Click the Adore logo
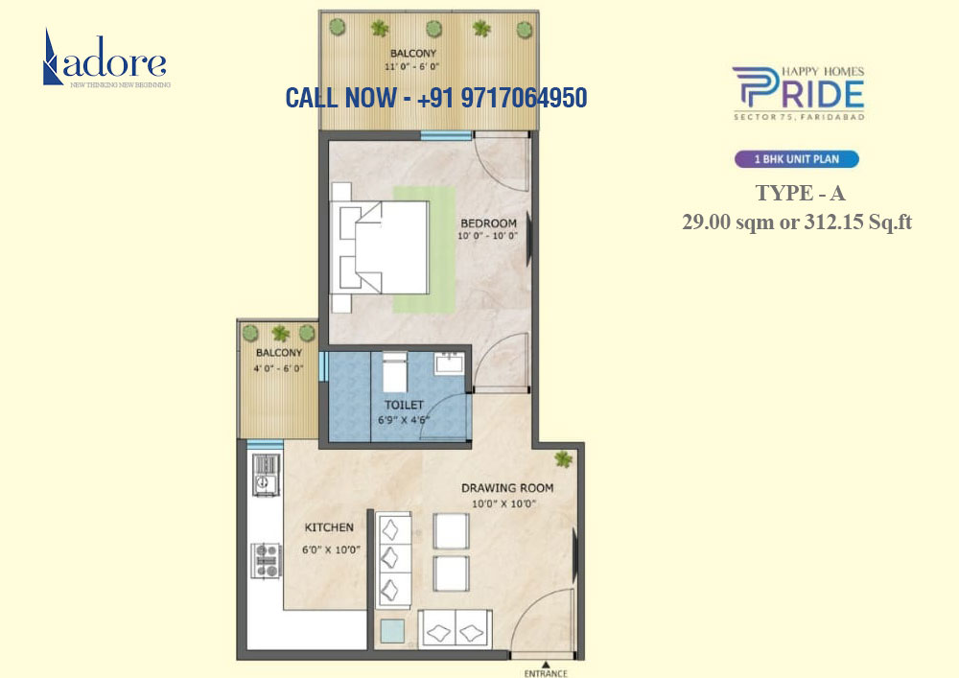[105, 59]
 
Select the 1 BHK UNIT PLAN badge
[797, 160]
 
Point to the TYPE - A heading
[800, 193]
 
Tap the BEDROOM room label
[487, 223]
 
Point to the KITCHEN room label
[329, 527]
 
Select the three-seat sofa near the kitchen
[393, 560]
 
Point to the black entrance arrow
[544, 662]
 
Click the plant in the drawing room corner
[563, 459]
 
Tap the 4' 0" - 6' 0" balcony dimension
[279, 367]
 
